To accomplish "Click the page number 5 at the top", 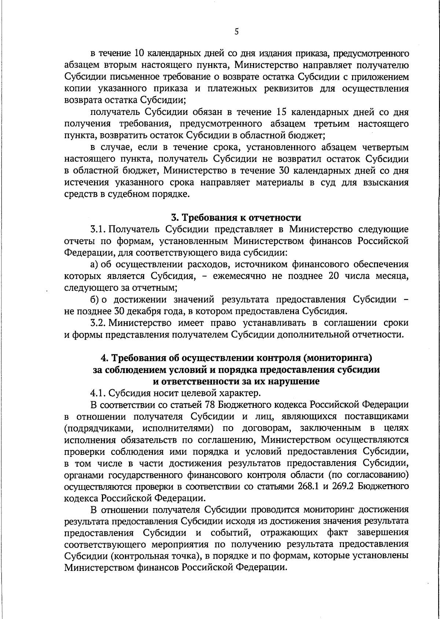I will [236, 32].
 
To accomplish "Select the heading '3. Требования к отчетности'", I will [236, 218].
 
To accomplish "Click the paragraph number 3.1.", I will [98, 229].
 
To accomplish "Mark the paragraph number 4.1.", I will [98, 393].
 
